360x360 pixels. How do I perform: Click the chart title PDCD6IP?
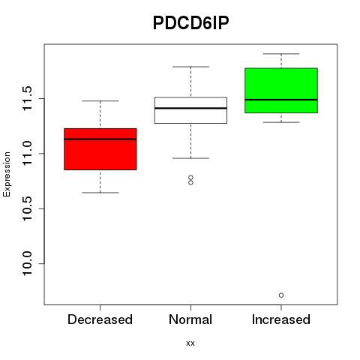coord(190,23)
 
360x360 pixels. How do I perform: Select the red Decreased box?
coord(100,149)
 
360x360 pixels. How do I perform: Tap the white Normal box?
coord(190,110)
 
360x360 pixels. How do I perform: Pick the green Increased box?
coord(281,91)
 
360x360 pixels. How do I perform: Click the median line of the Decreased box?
coord(100,139)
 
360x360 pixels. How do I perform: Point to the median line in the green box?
coord(281,100)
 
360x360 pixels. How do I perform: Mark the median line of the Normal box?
coord(190,108)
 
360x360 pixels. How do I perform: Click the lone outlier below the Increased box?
coord(281,295)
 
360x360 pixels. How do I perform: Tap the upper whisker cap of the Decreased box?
coord(100,101)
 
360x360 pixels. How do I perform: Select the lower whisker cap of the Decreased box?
coord(100,193)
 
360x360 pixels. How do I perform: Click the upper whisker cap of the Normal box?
coord(190,67)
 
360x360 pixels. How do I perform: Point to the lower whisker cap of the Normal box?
coord(190,158)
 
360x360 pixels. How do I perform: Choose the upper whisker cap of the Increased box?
coord(281,54)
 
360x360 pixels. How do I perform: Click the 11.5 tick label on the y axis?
coord(28,98)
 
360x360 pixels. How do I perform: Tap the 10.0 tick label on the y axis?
coord(28,263)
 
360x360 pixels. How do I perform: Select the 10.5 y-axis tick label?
coord(28,208)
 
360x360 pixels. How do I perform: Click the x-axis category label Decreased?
coord(100,319)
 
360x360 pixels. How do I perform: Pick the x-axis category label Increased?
coord(281,319)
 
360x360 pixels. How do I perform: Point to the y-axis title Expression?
coord(7,174)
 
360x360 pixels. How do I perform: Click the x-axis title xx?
coord(190,343)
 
